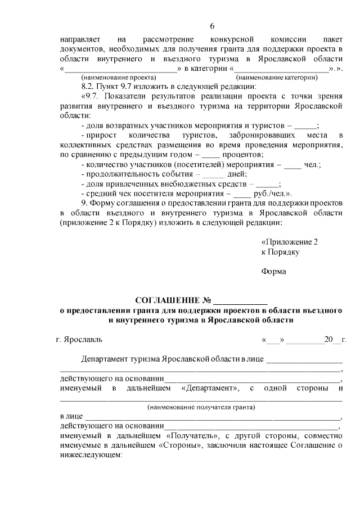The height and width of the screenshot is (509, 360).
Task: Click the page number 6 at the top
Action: pos(212,26)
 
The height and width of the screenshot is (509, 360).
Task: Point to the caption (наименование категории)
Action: pos(273,77)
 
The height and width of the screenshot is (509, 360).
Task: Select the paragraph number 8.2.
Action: pos(88,87)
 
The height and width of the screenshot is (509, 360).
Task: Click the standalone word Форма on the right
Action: pos(273,272)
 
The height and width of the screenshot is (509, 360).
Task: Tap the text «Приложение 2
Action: pos(290,242)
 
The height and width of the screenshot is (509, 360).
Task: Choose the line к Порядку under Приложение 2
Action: pos(280,252)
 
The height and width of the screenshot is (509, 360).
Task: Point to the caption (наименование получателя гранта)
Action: pos(201,407)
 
